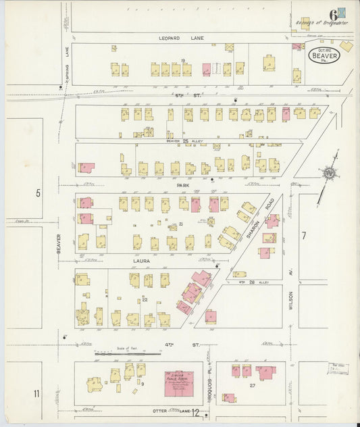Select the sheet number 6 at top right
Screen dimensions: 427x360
coord(333,14)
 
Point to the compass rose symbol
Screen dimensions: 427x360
coord(329,174)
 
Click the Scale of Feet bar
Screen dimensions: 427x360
coord(121,352)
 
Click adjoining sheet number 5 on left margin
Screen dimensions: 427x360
coord(38,193)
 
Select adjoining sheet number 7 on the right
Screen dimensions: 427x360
coord(304,235)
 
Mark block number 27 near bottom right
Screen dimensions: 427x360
coord(252,385)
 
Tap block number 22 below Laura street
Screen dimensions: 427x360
coord(145,298)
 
